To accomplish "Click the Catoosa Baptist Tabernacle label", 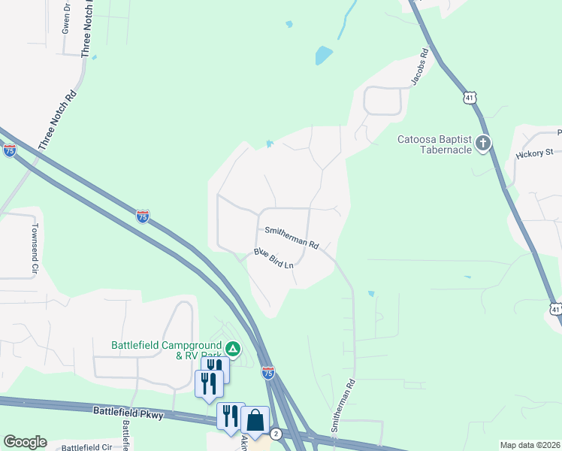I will pos(434,144).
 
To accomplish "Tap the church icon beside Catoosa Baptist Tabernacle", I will pos(482,143).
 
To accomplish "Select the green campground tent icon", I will pos(234,349).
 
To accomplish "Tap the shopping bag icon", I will pos(255,419).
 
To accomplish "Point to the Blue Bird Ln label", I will pos(273,259).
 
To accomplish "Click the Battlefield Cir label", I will pos(86,447).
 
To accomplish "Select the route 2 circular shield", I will pos(276,434).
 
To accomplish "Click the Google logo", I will pos(25,442).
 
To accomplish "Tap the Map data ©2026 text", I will pos(530,445).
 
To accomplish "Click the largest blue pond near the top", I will pos(323,55).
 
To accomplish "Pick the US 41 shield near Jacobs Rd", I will pos(469,98).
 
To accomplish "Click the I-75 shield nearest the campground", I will pos(268,372).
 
